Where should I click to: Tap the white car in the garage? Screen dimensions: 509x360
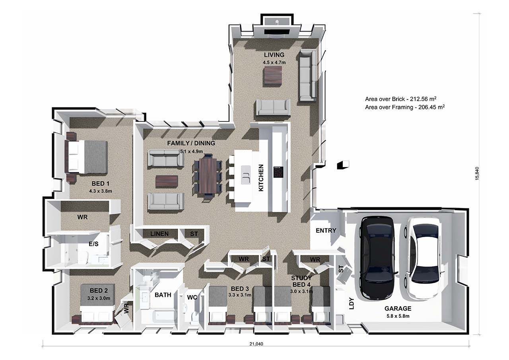point(424,257)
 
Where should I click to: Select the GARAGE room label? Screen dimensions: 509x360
point(398,308)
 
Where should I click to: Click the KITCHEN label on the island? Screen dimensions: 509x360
point(261,178)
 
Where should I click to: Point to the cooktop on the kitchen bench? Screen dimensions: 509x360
point(278,172)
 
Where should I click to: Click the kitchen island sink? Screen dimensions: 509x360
point(246,175)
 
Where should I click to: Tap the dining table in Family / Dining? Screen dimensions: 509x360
point(208,175)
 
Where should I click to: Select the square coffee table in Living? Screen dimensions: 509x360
point(273,77)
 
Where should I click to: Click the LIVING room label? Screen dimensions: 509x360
point(274,55)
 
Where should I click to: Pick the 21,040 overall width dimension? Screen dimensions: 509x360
point(256,344)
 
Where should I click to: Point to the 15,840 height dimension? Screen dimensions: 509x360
point(477,174)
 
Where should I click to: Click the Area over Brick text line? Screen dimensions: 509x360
point(400,99)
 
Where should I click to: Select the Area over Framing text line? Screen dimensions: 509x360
point(405,107)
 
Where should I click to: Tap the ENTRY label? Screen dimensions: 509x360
point(326,230)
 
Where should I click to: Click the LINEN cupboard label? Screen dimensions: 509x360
point(159,234)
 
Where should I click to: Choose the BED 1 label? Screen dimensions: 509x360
point(101,183)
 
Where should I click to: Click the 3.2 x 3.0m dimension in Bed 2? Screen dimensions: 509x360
point(99,298)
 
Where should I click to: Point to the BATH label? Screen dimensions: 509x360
point(163,295)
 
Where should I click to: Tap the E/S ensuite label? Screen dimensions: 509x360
point(93,244)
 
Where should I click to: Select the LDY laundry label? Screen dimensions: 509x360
point(352,304)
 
